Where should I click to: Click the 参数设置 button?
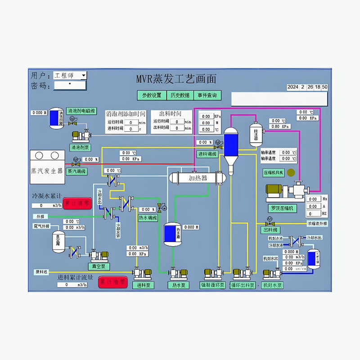[152, 95]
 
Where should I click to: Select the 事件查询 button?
[207, 95]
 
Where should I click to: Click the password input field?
[70, 85]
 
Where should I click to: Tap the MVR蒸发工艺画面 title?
[176, 79]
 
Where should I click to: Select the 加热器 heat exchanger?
[196, 178]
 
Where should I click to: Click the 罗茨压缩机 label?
[282, 208]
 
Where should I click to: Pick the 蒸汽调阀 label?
[76, 171]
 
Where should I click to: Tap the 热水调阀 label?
[148, 218]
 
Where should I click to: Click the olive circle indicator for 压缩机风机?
[291, 172]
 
